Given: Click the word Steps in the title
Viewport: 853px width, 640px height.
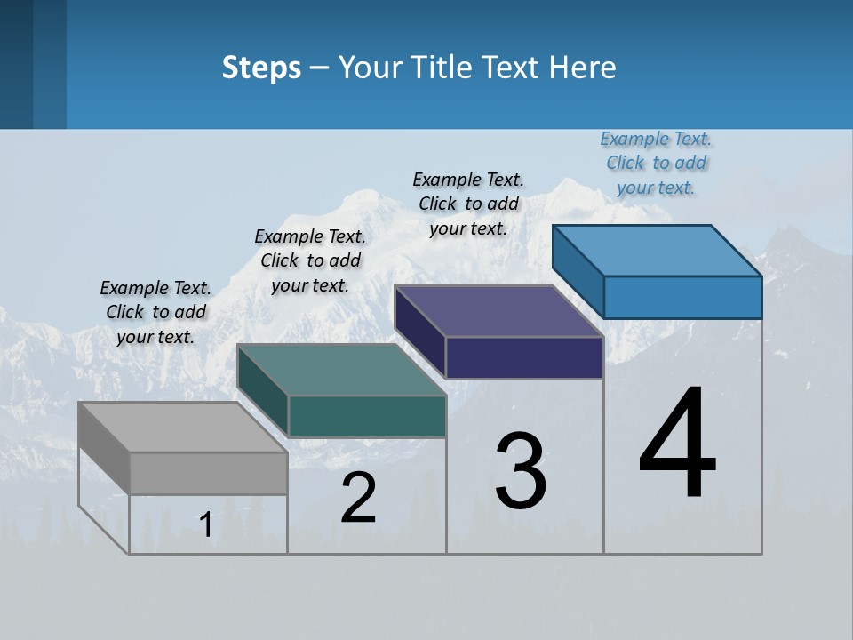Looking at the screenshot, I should pos(261,68).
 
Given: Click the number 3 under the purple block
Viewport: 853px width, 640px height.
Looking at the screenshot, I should pos(521,471).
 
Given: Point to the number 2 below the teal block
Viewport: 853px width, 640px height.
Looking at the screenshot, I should pos(359,498).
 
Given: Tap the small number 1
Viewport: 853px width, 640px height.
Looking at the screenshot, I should pos(206,524).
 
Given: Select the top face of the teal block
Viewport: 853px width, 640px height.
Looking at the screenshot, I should pos(341,370).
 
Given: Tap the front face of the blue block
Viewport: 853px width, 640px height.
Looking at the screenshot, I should pos(682,297).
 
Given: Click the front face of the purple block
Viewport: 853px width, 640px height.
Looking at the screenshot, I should pos(524,357).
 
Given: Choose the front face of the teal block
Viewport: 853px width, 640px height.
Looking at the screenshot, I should pos(367,416).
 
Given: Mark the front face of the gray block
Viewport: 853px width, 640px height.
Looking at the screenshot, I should pos(208,473).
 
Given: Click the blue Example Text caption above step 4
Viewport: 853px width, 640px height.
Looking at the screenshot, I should pos(656,163).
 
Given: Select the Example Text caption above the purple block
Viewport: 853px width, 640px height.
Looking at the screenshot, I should pos(468,204).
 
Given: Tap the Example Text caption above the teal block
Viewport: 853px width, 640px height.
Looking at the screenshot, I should pos(310,260).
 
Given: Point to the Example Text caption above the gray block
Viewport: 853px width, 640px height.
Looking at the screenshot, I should pos(155,312).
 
